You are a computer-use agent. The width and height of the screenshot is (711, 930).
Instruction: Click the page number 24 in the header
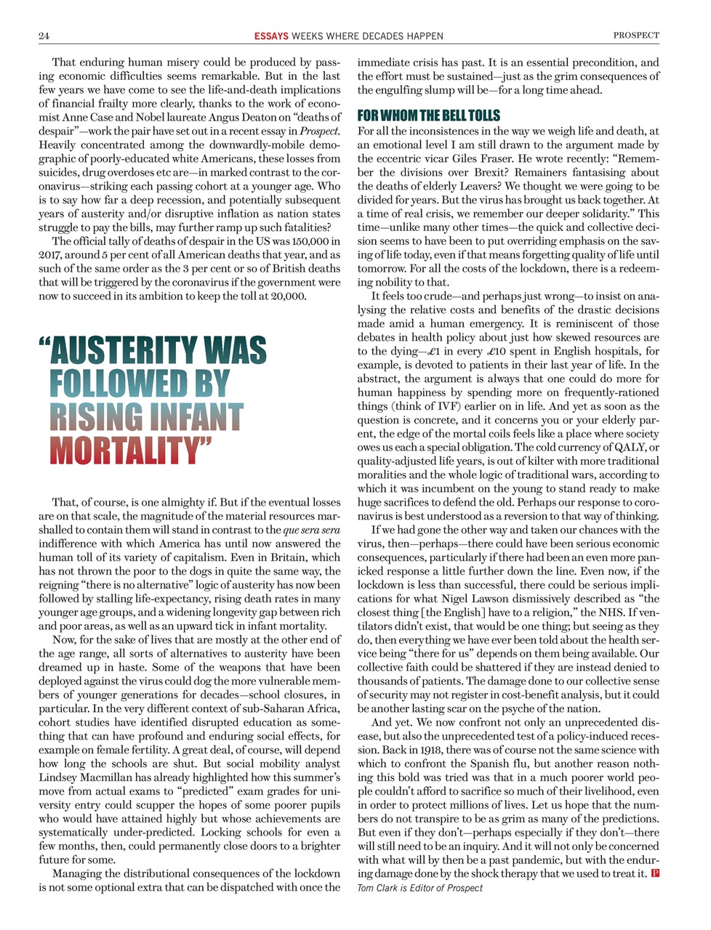point(44,36)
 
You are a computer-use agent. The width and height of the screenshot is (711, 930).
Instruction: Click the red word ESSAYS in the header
point(271,36)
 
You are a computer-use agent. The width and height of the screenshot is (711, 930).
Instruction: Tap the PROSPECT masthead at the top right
point(636,35)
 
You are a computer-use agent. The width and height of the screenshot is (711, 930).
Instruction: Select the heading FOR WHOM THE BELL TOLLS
point(428,116)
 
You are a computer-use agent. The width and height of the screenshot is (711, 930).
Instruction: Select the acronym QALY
point(630,448)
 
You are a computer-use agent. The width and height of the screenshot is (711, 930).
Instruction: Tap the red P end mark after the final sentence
point(655,873)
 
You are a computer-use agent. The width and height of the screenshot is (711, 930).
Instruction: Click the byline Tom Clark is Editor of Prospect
point(419,888)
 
